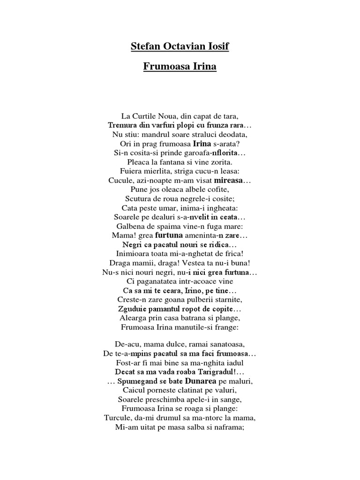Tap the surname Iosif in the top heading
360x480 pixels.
218,47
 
